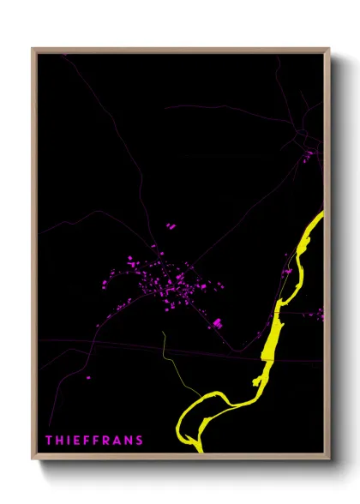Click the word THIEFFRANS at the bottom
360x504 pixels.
click(94, 441)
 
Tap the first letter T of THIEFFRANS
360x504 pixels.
click(49, 441)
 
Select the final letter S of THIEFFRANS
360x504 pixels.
click(140, 441)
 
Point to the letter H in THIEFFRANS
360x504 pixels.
click(59, 441)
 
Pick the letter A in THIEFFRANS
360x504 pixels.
click(117, 441)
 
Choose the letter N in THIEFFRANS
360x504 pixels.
click(129, 441)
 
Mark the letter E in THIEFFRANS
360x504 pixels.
click(76, 441)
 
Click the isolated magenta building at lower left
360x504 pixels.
click(87, 376)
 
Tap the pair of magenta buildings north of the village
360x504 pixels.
click(170, 227)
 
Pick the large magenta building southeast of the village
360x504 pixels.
click(218, 322)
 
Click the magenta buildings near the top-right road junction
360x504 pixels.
click(307, 156)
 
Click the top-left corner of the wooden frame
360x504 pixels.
click(33, 49)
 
